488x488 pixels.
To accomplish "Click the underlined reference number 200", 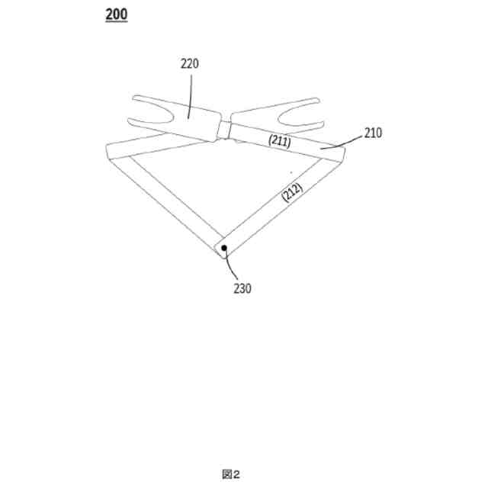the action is (117, 14).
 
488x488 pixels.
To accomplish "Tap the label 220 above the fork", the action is (189, 64).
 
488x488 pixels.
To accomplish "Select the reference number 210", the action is (372, 133).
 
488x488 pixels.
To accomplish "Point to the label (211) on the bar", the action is (278, 140).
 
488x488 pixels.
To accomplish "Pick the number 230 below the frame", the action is (242, 288).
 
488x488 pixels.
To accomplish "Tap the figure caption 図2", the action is (231, 474).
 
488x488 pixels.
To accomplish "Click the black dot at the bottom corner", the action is (224, 248).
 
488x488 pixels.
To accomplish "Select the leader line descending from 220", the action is (189, 95).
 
